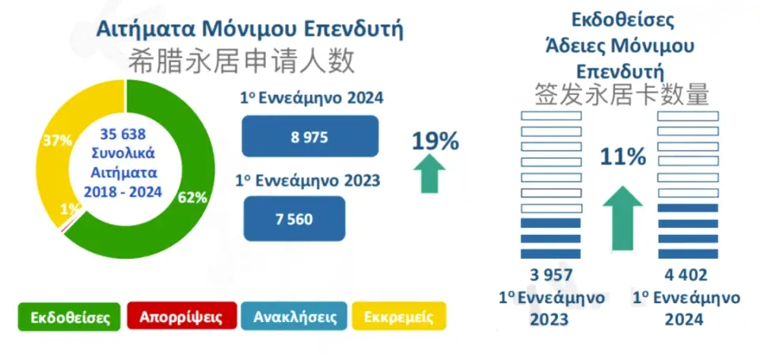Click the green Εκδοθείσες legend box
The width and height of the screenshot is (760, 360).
coord(70,317)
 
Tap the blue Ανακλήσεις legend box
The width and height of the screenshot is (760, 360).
coord(295,317)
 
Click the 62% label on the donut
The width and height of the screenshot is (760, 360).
coord(192,197)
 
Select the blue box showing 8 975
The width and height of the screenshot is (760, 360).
coord(310,136)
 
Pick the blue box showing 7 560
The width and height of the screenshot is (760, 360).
coord(294,218)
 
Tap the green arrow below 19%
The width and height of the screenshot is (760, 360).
coord(429,172)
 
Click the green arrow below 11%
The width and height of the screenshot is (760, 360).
coord(622,217)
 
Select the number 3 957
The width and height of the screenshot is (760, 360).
coord(551,276)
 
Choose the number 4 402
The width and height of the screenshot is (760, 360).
coord(686,276)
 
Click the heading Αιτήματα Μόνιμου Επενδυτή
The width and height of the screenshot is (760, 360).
coord(249,29)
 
